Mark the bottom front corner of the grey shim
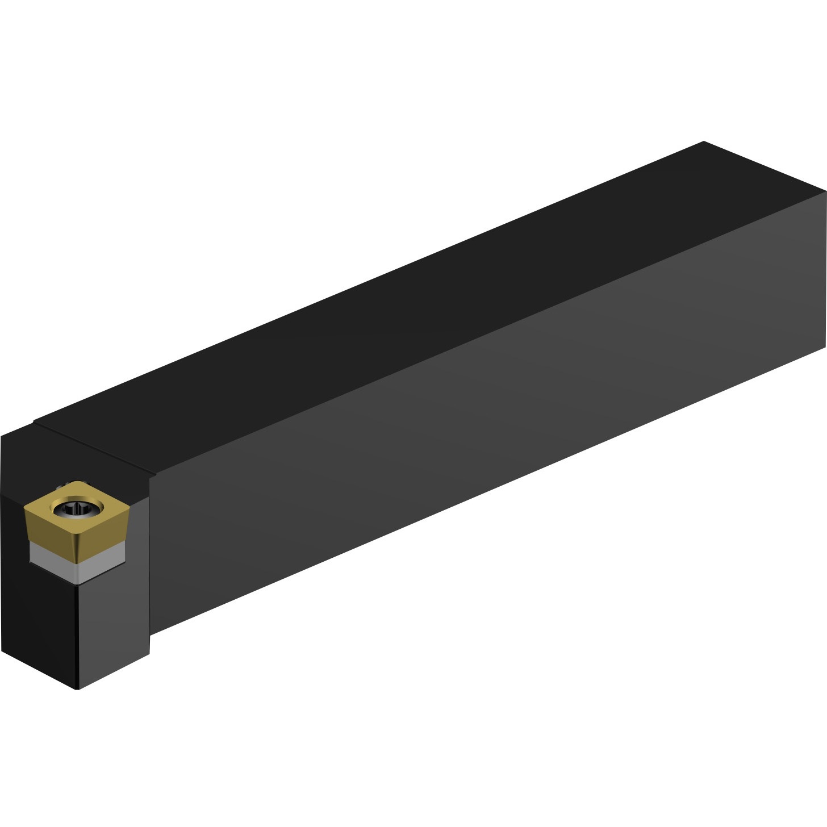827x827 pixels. click(x=78, y=583)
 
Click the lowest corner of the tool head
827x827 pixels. click(x=77, y=689)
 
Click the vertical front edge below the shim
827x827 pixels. click(x=77, y=636)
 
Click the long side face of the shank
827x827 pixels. click(x=483, y=432)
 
